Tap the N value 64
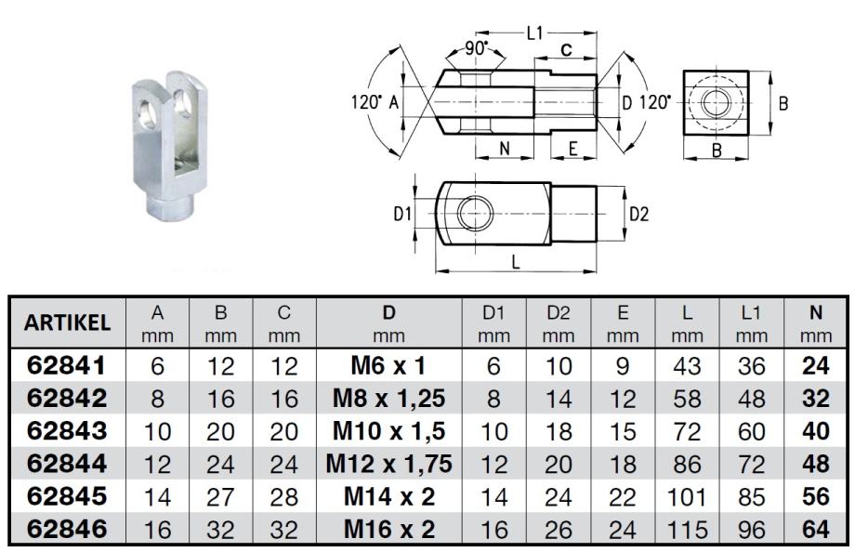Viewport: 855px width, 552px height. click(x=814, y=529)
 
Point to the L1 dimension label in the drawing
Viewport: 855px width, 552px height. click(x=535, y=33)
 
